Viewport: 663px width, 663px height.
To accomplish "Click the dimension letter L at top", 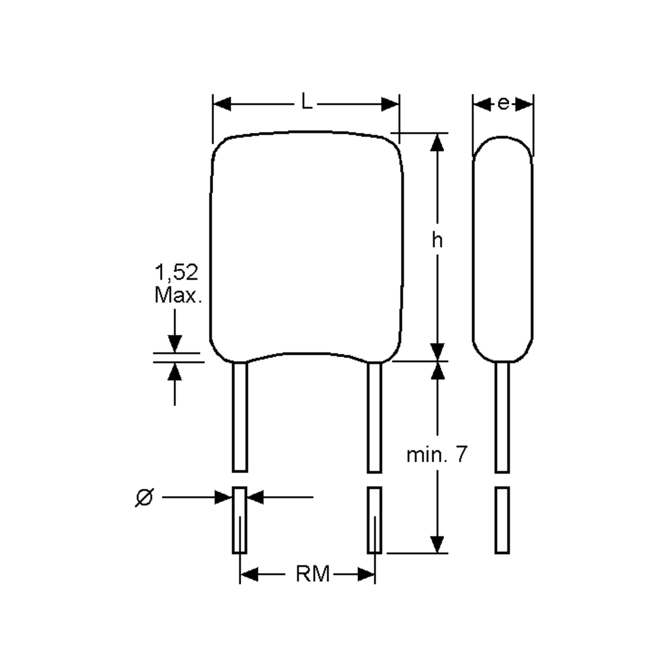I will [x=306, y=102].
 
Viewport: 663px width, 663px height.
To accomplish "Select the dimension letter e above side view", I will [x=503, y=104].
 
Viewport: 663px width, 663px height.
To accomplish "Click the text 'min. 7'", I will [x=436, y=455].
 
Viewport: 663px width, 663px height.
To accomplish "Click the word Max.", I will [x=178, y=295].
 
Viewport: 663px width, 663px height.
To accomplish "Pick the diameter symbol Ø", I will [x=144, y=498].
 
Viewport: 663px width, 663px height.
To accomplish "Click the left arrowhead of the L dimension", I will [x=222, y=104].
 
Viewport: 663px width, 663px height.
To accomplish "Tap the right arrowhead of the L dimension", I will [x=390, y=104].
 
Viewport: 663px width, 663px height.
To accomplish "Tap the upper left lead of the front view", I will [x=240, y=417].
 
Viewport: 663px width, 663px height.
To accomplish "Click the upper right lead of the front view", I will [x=374, y=417].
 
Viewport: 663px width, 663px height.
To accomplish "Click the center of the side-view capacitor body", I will [x=503, y=249].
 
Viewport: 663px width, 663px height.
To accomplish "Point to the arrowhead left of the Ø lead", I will [x=223, y=497].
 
